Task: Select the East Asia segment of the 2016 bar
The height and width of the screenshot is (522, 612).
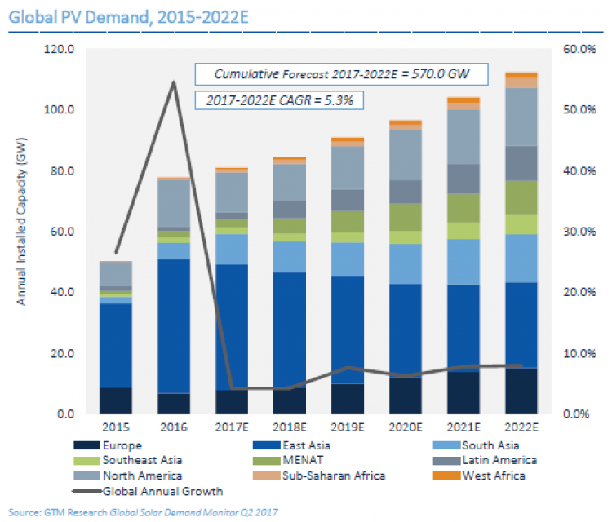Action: [x=174, y=326]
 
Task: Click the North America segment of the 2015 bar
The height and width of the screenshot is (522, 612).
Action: [x=116, y=274]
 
